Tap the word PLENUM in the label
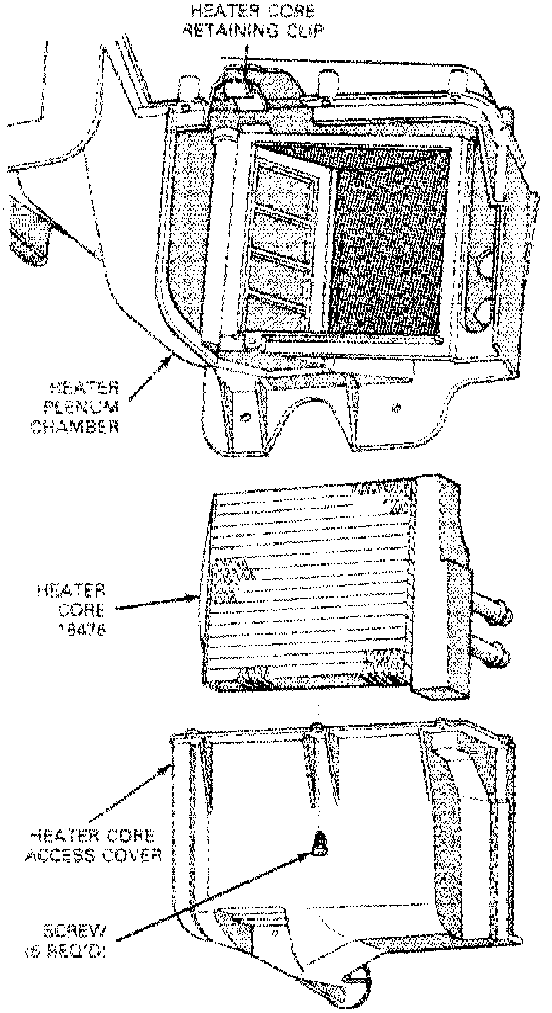(x=84, y=407)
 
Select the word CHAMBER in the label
(x=75, y=426)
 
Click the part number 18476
(x=82, y=629)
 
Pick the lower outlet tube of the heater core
(x=493, y=650)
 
